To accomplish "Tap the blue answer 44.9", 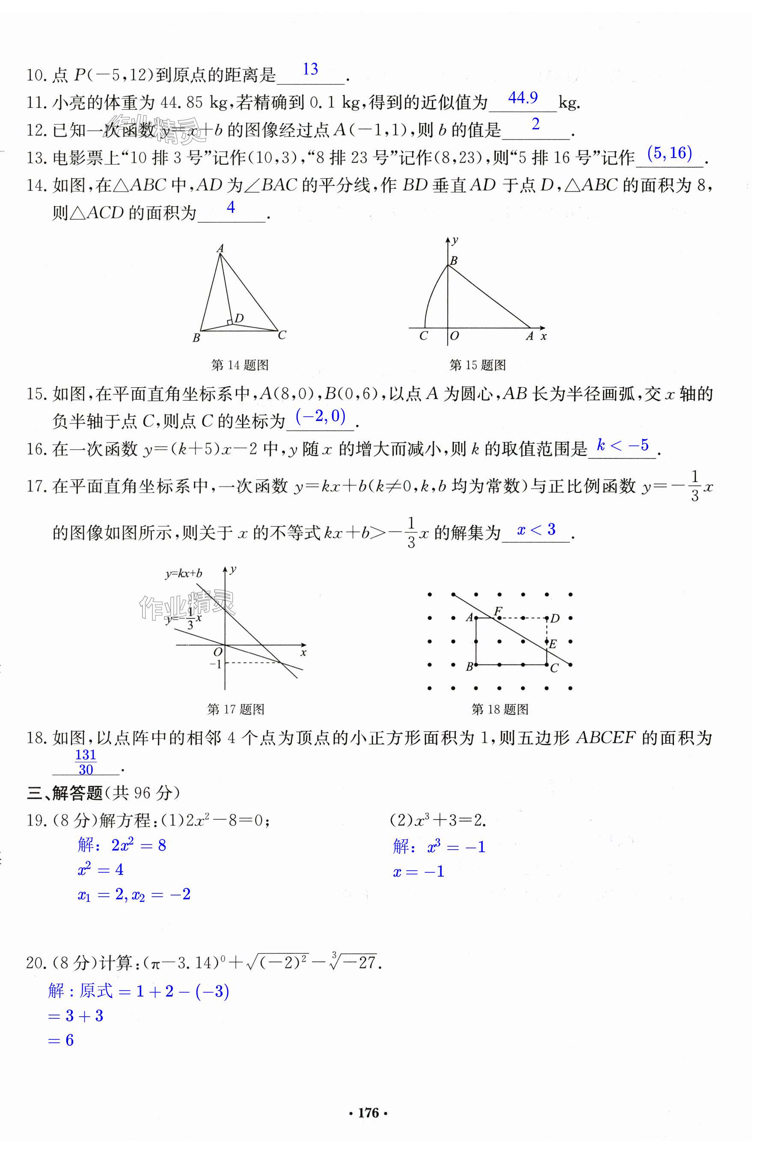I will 523,98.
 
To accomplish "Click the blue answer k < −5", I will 623,445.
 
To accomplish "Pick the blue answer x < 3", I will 536,529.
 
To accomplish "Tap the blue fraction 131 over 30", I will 86,762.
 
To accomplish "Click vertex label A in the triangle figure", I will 220,248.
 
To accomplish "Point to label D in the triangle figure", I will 239,318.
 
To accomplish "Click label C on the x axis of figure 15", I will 423,336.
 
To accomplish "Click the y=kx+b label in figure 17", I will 184,573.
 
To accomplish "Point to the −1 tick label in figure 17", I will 215,664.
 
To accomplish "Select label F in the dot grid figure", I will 498,611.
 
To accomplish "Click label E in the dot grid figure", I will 553,645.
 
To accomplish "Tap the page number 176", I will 368,1113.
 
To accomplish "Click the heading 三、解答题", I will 64,793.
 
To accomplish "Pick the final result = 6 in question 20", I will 61,1041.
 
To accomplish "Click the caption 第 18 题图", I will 500,710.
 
